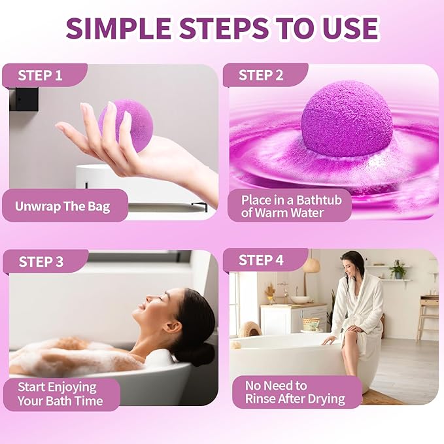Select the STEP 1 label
click(40, 75)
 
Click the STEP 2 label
click(261, 75)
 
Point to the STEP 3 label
click(41, 262)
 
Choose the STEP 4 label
click(261, 260)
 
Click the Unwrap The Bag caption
click(63, 207)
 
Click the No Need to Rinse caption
click(294, 392)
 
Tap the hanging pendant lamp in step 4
click(311, 264)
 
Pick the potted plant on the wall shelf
click(398, 269)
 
